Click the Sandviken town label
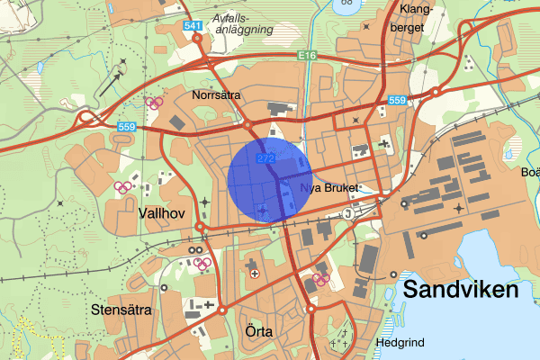(x=461, y=290)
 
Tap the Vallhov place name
(x=162, y=213)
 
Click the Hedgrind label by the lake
(x=401, y=343)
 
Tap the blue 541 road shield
(x=191, y=26)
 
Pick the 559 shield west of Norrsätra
(x=125, y=129)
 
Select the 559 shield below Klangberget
(x=397, y=100)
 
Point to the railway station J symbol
(x=347, y=213)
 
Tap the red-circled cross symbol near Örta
(x=254, y=272)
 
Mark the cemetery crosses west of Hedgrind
(x=339, y=342)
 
